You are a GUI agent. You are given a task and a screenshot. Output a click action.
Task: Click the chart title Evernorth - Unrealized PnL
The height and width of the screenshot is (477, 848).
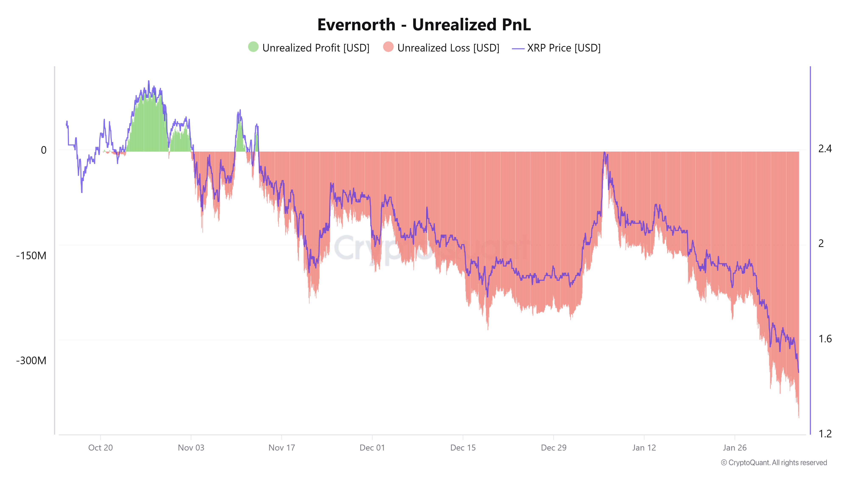click(x=424, y=25)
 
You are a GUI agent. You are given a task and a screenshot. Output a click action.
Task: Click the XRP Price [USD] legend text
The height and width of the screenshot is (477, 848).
click(x=563, y=48)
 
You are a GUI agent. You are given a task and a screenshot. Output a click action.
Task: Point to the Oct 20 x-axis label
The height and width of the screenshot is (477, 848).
click(x=100, y=448)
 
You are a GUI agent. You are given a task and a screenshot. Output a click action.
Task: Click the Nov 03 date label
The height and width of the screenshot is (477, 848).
click(x=191, y=448)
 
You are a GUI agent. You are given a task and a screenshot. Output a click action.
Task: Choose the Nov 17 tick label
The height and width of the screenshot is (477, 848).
click(x=282, y=448)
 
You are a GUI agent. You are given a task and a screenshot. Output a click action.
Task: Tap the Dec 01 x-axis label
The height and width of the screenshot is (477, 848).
click(x=372, y=448)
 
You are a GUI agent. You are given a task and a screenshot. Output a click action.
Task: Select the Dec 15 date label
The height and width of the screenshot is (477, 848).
click(x=463, y=448)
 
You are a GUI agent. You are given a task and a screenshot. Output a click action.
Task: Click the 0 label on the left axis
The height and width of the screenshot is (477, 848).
click(x=43, y=150)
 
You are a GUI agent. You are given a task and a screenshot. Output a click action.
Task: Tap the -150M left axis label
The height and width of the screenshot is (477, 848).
click(x=31, y=256)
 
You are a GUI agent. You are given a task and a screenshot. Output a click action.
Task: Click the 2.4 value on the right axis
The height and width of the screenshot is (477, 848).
click(x=825, y=149)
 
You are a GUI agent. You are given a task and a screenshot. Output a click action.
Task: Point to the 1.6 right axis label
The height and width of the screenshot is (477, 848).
click(x=825, y=339)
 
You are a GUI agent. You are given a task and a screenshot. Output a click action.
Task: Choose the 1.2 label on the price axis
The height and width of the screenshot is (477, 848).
click(x=825, y=434)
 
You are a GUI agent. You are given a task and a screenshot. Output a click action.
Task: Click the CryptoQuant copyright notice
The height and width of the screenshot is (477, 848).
click(x=774, y=463)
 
